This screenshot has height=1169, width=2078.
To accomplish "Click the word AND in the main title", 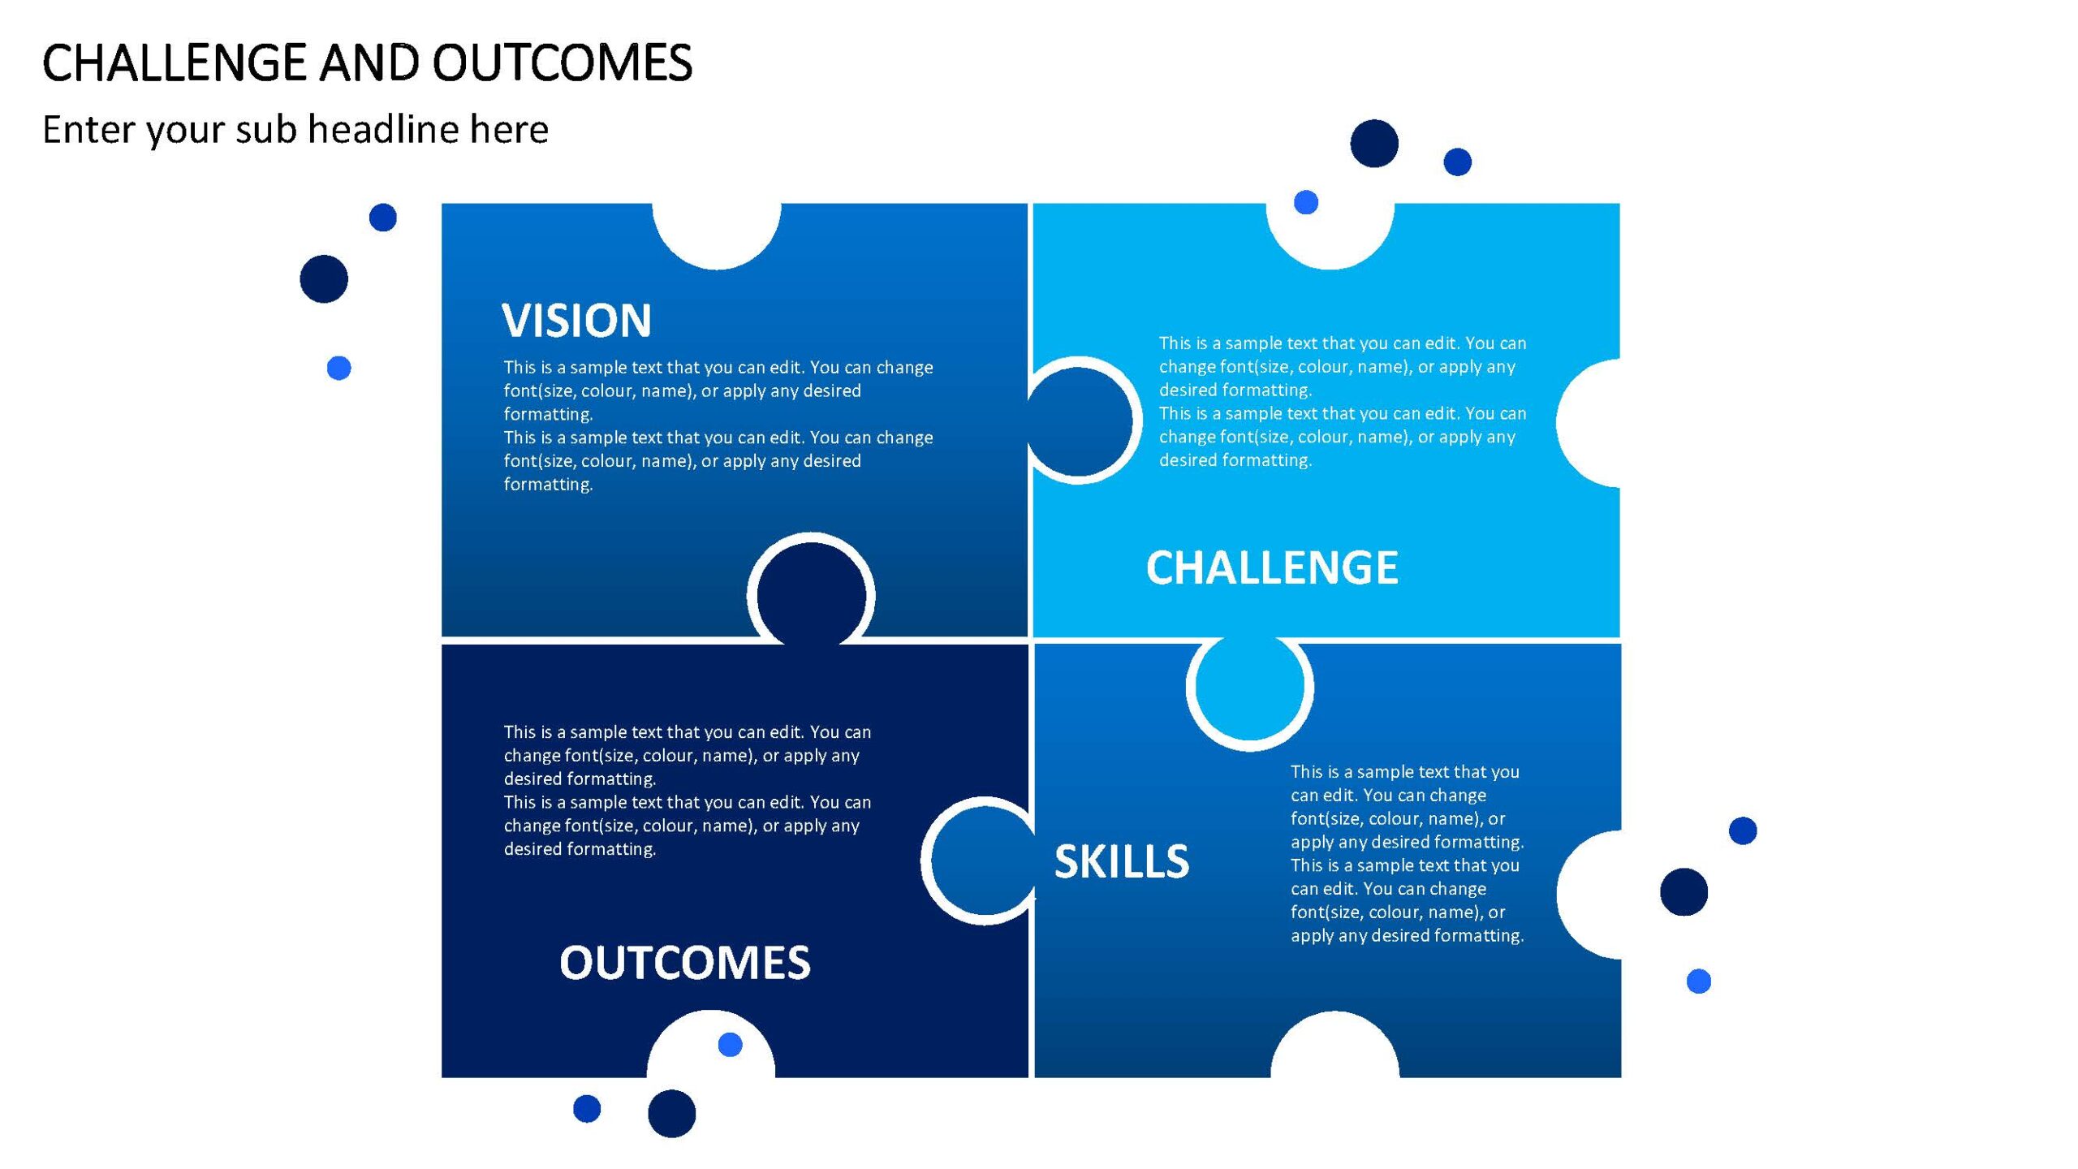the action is (369, 63).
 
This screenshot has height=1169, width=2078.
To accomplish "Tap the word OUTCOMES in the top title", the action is (563, 63).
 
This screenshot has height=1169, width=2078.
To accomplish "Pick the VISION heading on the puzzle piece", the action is (576, 320).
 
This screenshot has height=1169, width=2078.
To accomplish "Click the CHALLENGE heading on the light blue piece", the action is (1272, 567).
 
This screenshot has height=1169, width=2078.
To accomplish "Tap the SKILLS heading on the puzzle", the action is (1122, 861).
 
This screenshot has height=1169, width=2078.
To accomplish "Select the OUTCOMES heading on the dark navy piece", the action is (685, 963).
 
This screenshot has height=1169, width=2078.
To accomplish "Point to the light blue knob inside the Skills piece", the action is (1250, 687).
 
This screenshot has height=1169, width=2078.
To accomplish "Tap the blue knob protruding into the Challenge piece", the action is (1079, 421).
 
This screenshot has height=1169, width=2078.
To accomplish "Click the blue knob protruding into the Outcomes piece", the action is (985, 861).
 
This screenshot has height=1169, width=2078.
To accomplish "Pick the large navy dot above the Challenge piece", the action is (1374, 144).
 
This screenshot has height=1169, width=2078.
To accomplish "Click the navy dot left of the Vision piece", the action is (324, 279).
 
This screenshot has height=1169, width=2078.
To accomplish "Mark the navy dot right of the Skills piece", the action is (1684, 892).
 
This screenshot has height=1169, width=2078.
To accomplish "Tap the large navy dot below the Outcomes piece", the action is (672, 1114).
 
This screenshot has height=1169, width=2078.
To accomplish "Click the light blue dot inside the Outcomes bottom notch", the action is (731, 1045).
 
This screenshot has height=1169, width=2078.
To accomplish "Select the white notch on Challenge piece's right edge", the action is (1589, 423).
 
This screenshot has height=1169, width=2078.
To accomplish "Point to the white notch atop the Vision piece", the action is (717, 235).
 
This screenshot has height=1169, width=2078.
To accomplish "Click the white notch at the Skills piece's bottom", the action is (1335, 1046).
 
